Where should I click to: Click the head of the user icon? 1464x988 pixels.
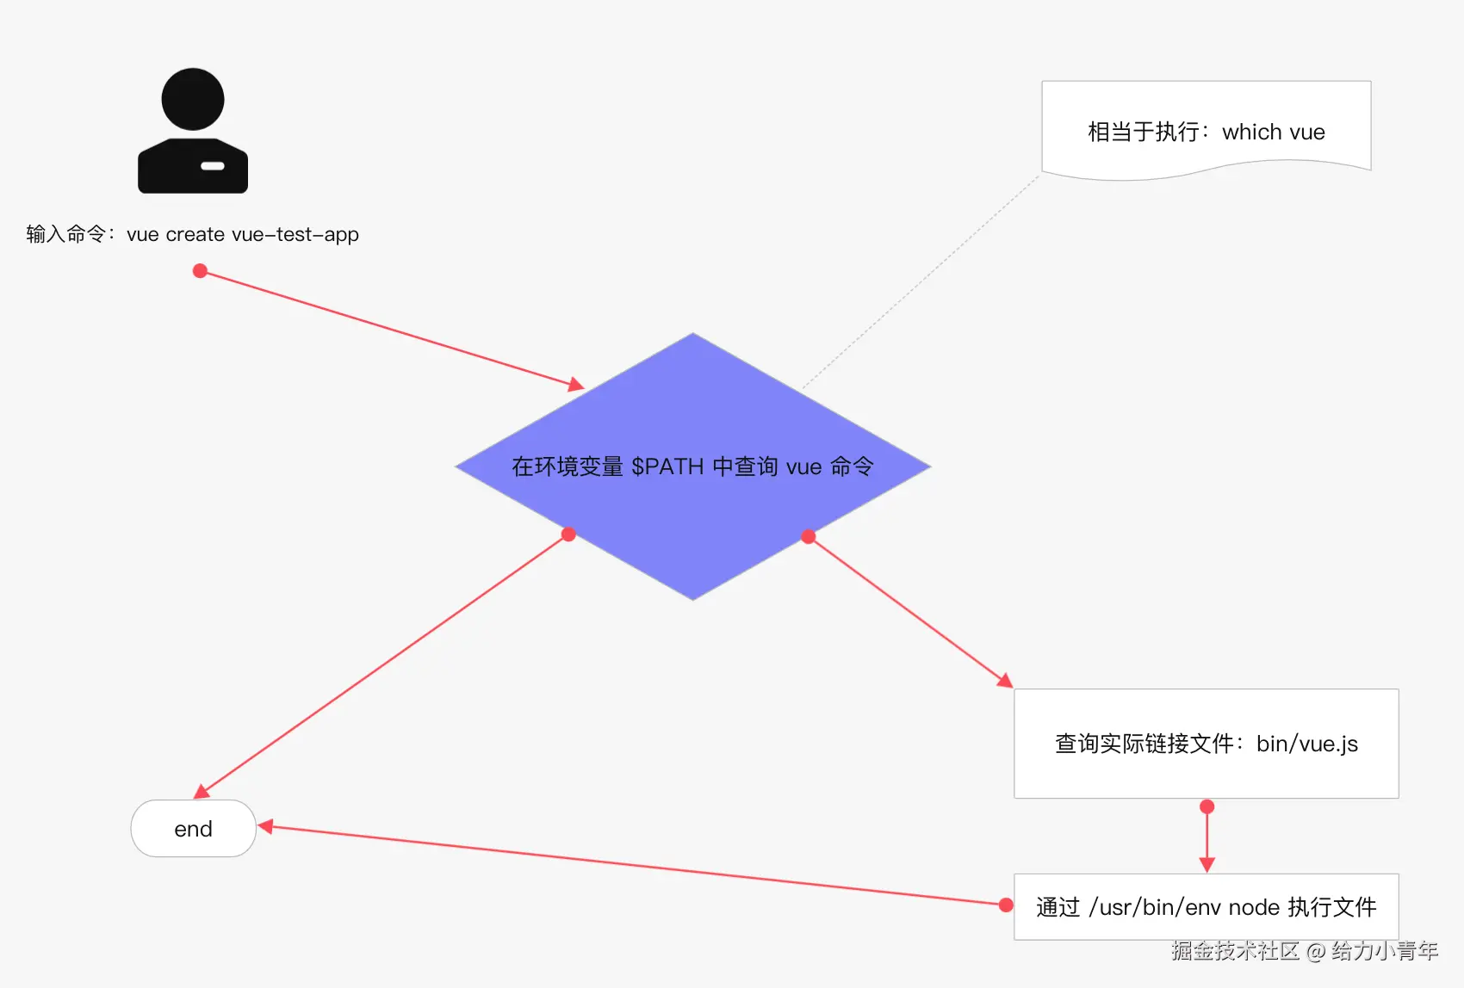(x=193, y=99)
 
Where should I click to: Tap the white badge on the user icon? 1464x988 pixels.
(x=212, y=165)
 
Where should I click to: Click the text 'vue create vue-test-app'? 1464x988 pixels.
(x=242, y=234)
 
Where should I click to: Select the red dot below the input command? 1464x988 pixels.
(x=200, y=271)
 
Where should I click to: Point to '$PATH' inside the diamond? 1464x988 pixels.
(x=667, y=466)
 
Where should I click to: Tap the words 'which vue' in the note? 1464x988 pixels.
(x=1273, y=132)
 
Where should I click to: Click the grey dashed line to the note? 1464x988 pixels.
(x=921, y=282)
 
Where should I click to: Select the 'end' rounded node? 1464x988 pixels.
(x=193, y=829)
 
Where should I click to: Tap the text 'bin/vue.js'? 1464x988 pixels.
(x=1306, y=744)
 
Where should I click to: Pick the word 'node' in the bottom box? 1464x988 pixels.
(x=1254, y=907)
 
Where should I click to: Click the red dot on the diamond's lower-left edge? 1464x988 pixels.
(x=568, y=534)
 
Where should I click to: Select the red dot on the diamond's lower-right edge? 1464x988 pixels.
(x=808, y=537)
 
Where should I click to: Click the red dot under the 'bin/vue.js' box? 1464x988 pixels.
(x=1207, y=806)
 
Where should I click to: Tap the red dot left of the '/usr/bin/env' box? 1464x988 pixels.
(x=1006, y=905)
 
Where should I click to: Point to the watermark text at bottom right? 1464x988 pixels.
(x=1304, y=950)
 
